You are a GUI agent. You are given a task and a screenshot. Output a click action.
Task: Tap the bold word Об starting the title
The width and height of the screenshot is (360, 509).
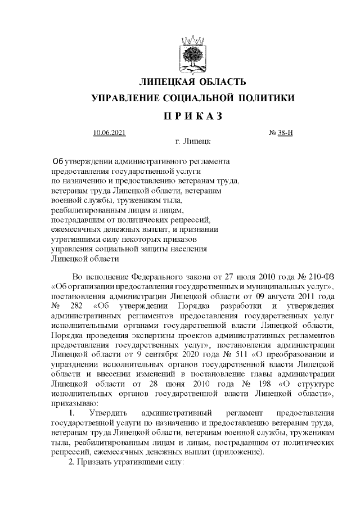(x=58, y=161)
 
